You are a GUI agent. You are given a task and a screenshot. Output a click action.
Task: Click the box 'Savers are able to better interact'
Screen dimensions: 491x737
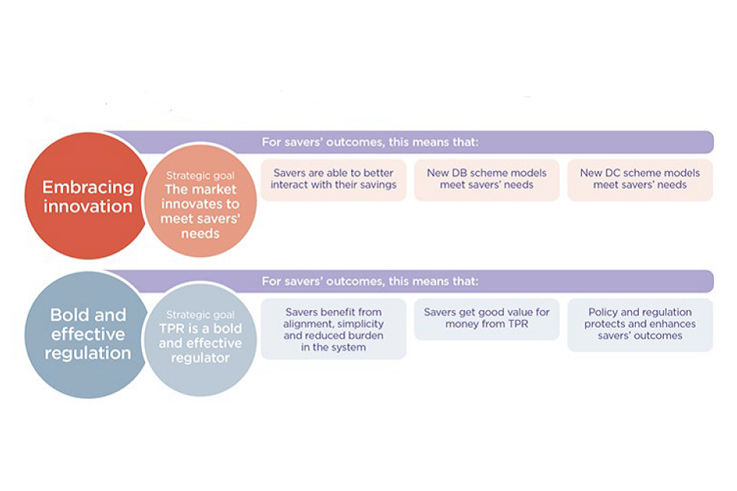tap(333, 179)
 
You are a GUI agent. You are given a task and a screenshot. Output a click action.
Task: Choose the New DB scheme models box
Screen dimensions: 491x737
tap(487, 179)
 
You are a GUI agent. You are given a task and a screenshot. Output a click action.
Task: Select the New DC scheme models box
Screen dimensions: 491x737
tap(640, 179)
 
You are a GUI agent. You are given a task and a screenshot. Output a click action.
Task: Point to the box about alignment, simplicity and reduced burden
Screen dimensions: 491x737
tap(333, 330)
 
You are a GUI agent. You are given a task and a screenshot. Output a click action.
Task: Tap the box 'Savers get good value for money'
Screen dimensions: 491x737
tap(487, 318)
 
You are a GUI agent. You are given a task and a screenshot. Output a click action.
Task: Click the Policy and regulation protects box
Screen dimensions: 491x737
tap(640, 324)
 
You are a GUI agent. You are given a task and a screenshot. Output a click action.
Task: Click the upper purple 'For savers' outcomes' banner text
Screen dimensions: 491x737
tap(370, 141)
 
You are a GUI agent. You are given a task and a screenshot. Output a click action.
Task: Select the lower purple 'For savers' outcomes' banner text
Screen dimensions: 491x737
tap(370, 281)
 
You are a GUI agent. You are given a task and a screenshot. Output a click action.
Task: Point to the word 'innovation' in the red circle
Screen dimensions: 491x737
tap(88, 206)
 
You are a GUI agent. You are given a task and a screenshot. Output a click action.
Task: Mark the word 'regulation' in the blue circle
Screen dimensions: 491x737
tap(88, 354)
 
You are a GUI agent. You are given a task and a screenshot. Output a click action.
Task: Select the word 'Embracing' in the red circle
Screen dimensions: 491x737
tap(88, 187)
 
